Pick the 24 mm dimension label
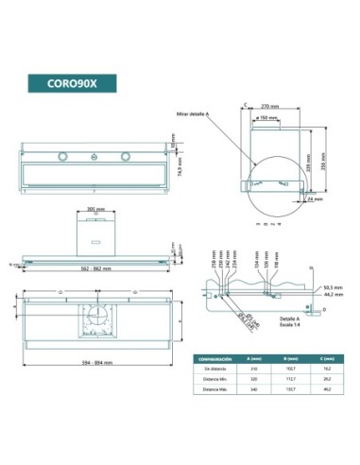[x=315, y=199]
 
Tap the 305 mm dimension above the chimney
[x=94, y=209]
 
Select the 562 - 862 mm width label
[x=94, y=269]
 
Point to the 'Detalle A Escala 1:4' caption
[x=261, y=323]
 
